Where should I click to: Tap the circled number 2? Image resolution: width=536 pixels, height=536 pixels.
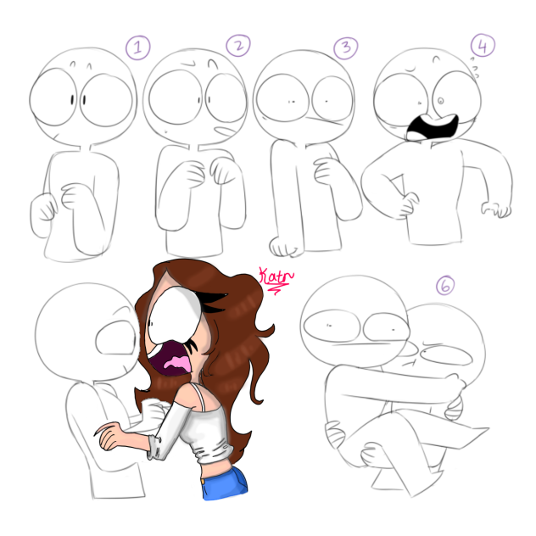[237, 46]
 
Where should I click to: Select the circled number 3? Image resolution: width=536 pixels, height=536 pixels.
[344, 47]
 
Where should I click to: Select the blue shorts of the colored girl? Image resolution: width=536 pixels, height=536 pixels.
[225, 481]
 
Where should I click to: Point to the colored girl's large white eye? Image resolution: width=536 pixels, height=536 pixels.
[175, 310]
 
